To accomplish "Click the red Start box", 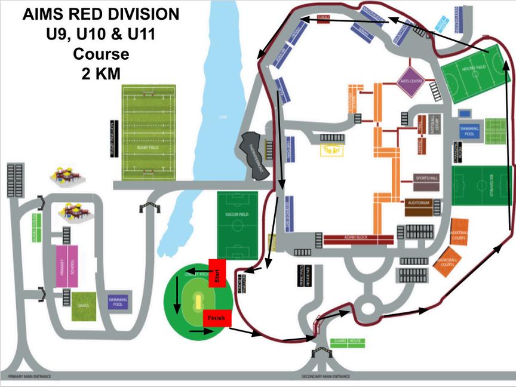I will pyautogui.click(x=217, y=274).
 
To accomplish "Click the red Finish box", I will pyautogui.click(x=216, y=318).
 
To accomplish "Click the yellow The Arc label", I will pyautogui.click(x=332, y=150).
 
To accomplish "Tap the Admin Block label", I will pyautogui.click(x=359, y=239).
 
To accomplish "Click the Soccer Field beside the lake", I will pyautogui.click(x=237, y=225).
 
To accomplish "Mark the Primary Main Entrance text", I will pyautogui.click(x=29, y=376).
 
